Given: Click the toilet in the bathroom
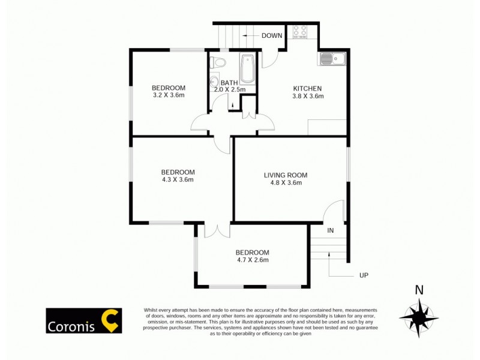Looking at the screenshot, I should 220,62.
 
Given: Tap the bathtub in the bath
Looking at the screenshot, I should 248,71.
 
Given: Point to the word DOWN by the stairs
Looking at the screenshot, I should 272,36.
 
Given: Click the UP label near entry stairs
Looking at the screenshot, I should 363,275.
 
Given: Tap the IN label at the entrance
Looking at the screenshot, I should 330,230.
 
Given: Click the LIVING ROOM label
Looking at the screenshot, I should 286,175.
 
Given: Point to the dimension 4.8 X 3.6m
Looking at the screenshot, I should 286,184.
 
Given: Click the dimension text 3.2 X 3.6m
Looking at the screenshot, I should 168,95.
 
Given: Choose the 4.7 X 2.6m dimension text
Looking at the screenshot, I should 252,260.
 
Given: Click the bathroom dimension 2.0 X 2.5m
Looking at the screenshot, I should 230,90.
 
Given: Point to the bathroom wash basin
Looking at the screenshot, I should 214,82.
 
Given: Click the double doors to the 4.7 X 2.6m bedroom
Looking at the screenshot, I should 217,230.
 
